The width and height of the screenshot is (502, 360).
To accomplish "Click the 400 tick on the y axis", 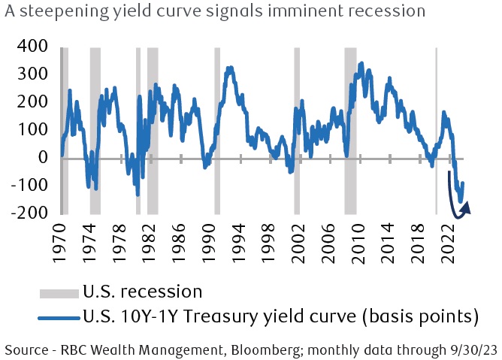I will [x=29, y=47].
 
